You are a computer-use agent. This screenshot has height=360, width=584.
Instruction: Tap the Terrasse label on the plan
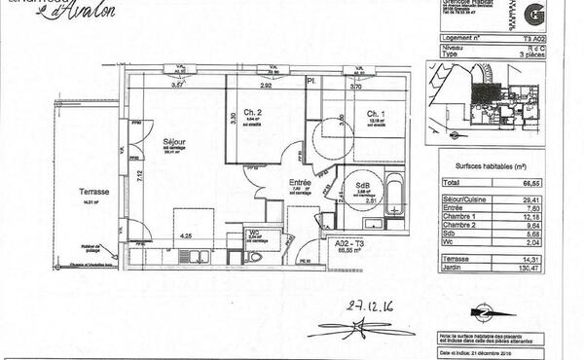(x=93, y=193)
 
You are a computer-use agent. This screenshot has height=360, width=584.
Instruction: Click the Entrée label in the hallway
(x=300, y=182)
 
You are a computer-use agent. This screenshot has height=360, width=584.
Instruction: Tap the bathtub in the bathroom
(x=395, y=194)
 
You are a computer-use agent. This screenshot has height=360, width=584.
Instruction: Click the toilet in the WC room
(x=255, y=257)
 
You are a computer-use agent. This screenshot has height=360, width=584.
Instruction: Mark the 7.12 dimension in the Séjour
(x=140, y=175)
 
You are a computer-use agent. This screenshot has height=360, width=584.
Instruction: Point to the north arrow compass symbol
(x=481, y=312)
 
